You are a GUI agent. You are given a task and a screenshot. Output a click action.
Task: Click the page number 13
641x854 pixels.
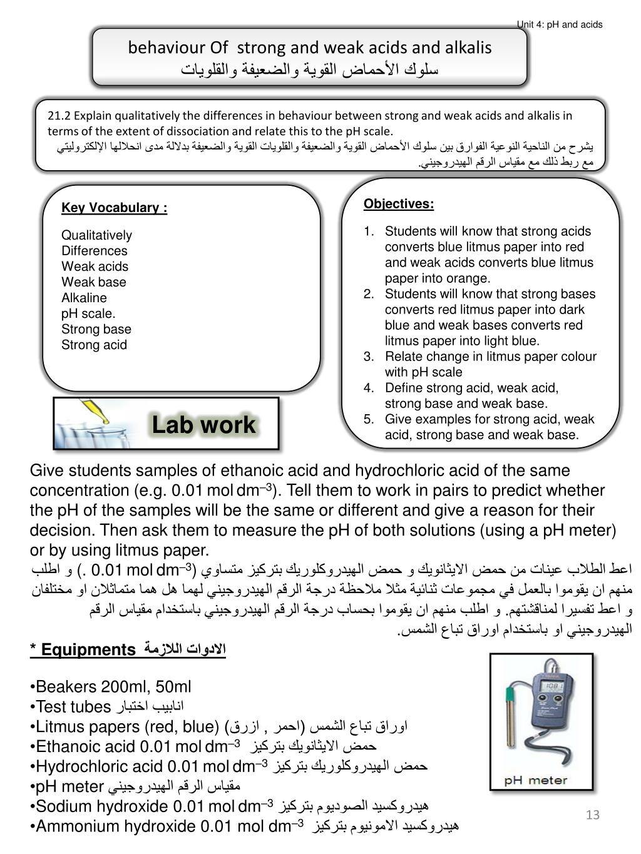click(x=593, y=815)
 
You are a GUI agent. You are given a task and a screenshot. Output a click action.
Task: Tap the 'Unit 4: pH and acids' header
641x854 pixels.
click(x=559, y=24)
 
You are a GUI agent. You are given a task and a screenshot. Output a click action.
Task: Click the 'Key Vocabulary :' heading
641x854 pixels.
click(x=114, y=208)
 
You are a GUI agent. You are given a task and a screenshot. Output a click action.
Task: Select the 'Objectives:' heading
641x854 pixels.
click(x=398, y=204)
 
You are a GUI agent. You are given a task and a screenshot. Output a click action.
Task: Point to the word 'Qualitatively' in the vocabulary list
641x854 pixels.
click(x=96, y=235)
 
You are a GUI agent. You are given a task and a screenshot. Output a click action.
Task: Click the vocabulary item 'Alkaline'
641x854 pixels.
click(x=84, y=298)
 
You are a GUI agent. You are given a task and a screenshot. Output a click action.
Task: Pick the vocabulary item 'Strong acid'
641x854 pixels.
click(x=94, y=345)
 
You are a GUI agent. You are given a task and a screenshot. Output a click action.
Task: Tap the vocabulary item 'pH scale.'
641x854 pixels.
click(x=88, y=313)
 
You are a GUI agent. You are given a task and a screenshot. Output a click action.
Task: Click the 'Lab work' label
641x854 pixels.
click(x=203, y=425)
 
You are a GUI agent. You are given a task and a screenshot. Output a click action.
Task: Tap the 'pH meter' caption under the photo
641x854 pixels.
click(x=536, y=780)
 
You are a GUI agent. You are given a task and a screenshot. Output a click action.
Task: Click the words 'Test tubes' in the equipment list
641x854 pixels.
click(x=73, y=707)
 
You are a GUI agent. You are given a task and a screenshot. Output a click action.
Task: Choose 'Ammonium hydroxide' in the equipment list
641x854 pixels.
click(x=116, y=826)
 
